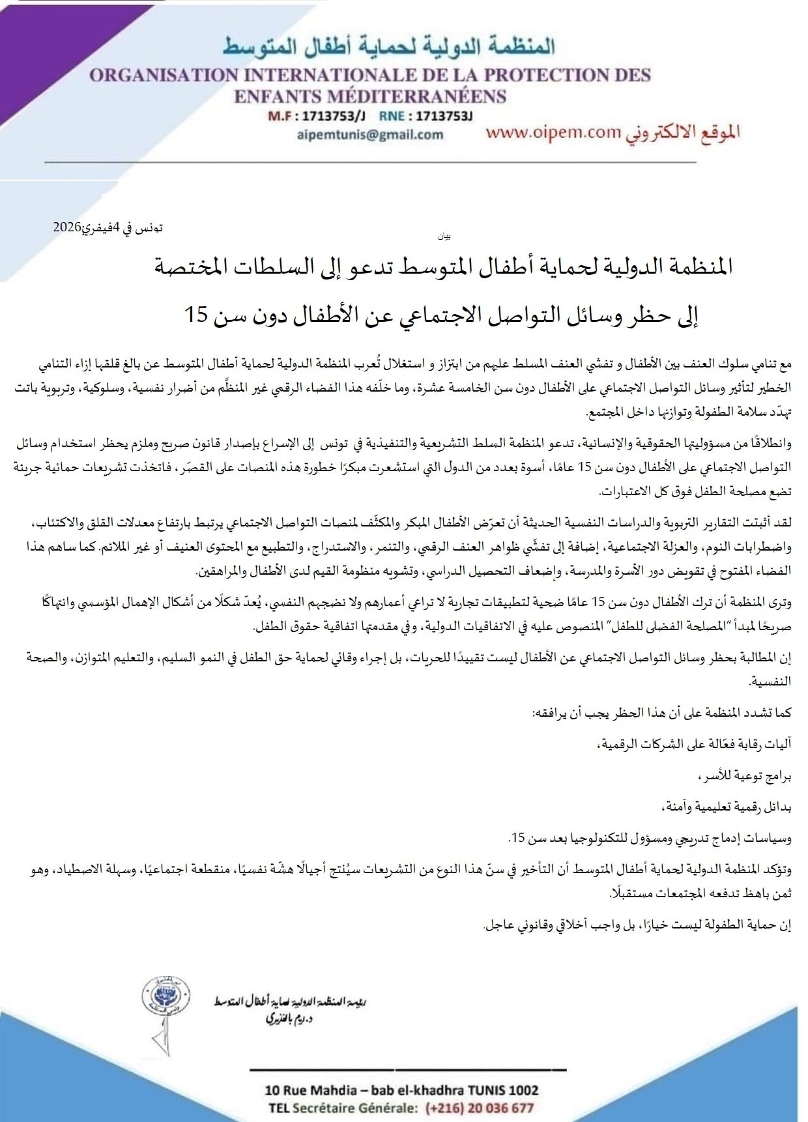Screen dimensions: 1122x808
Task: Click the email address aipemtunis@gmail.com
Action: [369, 135]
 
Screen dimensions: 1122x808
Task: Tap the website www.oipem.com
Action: [553, 132]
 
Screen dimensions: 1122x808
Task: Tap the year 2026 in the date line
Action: [66, 228]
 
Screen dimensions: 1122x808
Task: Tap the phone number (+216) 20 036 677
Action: [479, 1108]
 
